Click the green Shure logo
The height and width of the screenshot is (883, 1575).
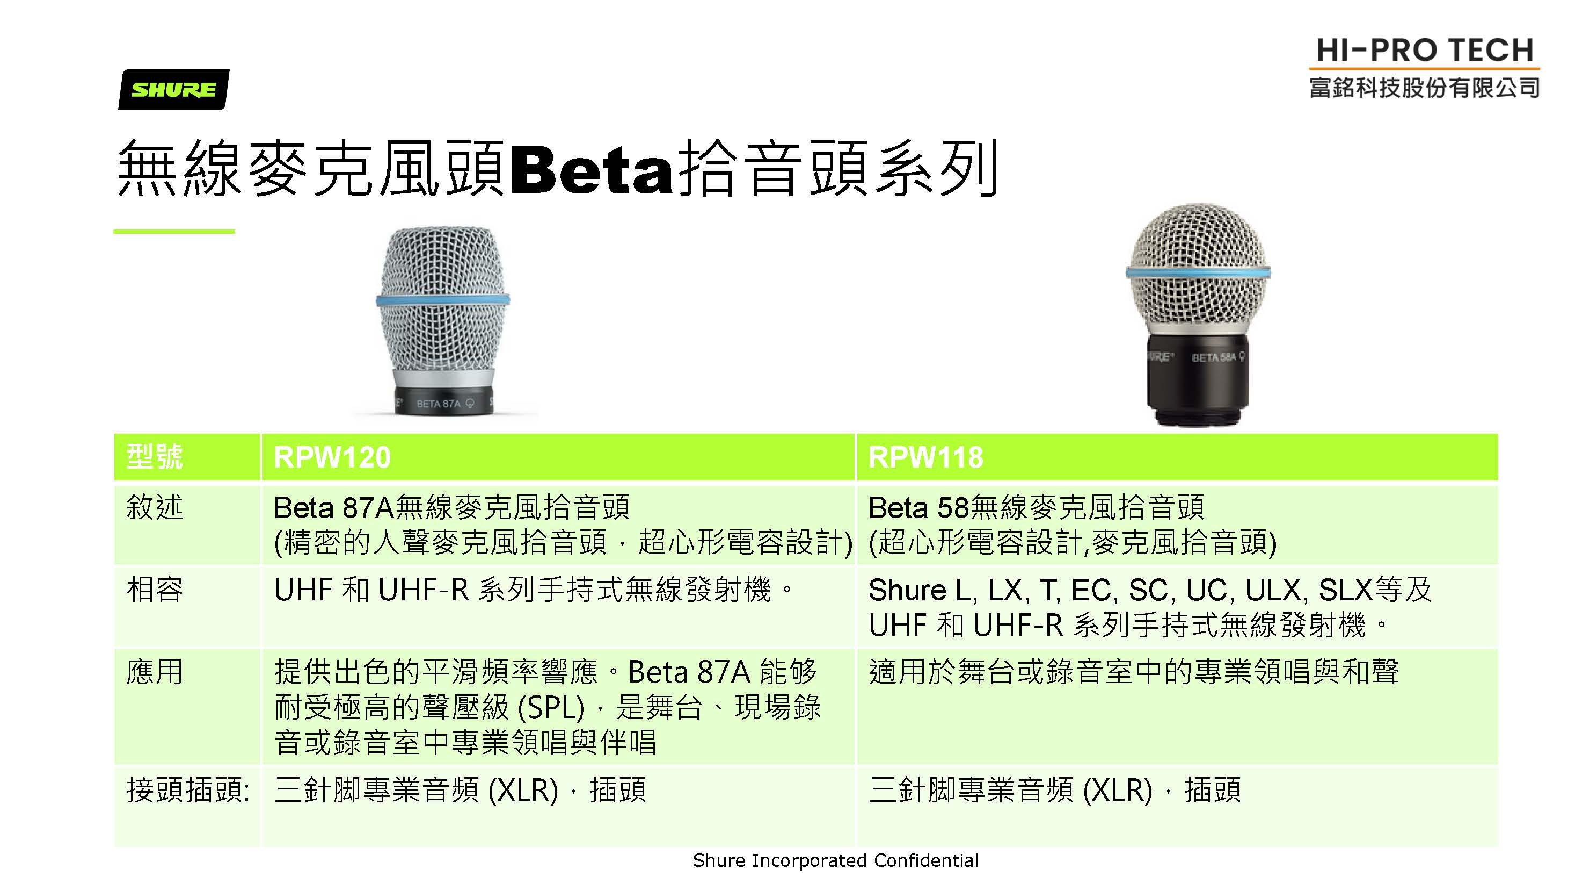click(x=173, y=89)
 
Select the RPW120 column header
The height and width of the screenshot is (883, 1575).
click(x=332, y=457)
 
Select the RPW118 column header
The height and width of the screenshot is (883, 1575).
click(x=925, y=457)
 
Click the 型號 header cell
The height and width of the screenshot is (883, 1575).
click(x=155, y=456)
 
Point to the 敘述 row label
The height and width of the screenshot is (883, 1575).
click(x=155, y=507)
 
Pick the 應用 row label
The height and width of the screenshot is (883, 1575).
click(x=155, y=671)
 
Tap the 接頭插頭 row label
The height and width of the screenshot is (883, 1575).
click(x=188, y=789)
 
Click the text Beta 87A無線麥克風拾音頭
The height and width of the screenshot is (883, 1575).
click(x=451, y=507)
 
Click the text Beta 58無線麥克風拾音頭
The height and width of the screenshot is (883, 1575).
click(x=1037, y=507)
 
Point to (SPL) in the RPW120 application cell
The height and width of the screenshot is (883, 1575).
click(x=551, y=707)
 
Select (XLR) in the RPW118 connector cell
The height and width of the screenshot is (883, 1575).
click(x=1117, y=790)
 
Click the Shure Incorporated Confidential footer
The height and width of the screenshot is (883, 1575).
click(x=835, y=860)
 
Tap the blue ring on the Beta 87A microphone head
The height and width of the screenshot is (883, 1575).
click(x=443, y=300)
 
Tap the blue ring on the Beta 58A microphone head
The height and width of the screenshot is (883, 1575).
click(x=1198, y=272)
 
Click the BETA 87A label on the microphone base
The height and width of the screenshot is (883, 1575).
click(x=439, y=404)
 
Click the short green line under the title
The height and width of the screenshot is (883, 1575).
click(x=174, y=231)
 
